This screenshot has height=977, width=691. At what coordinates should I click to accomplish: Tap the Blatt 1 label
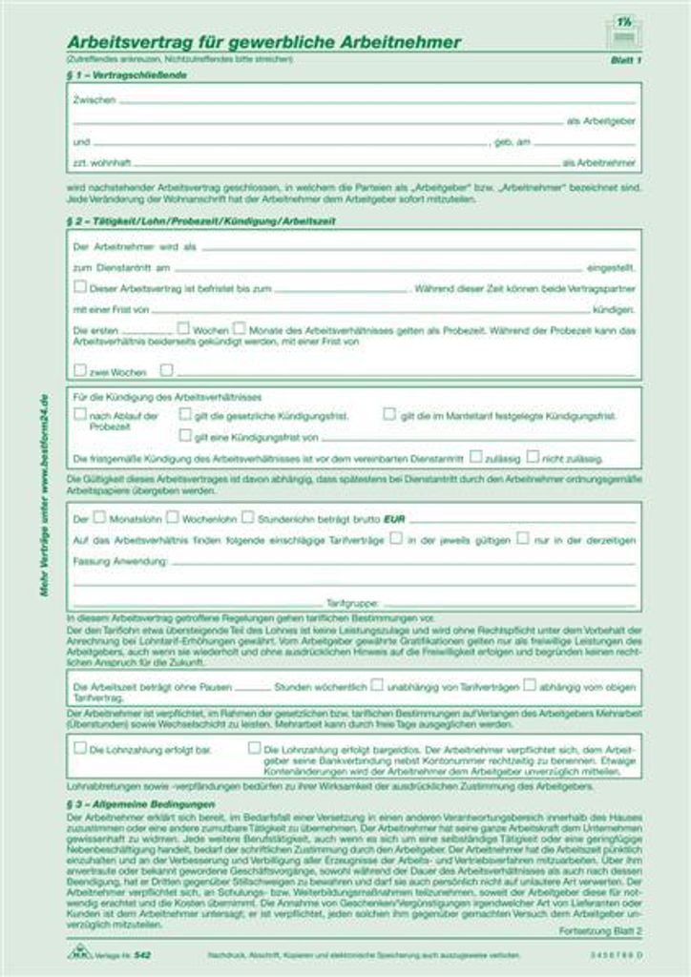pyautogui.click(x=625, y=59)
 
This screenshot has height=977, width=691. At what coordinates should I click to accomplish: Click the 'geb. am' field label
pyautogui.click(x=512, y=142)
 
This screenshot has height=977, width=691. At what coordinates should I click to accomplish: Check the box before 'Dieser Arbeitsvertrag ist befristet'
pyautogui.click(x=80, y=286)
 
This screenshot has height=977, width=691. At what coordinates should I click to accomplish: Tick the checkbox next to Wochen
pyautogui.click(x=182, y=328)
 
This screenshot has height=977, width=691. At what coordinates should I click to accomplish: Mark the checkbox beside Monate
pyautogui.click(x=239, y=328)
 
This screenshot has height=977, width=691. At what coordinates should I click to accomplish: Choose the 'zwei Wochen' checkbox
pyautogui.click(x=80, y=369)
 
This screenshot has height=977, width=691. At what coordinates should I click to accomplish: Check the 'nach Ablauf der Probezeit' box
pyautogui.click(x=80, y=415)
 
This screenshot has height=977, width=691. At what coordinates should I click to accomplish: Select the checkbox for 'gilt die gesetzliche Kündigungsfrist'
pyautogui.click(x=185, y=415)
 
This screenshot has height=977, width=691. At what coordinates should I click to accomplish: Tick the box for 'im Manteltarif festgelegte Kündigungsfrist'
pyautogui.click(x=389, y=415)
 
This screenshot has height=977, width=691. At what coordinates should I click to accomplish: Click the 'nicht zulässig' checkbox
pyautogui.click(x=533, y=457)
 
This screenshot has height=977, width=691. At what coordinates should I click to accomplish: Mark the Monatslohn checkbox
pyautogui.click(x=99, y=517)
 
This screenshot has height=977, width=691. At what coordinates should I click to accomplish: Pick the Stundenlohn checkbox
pyautogui.click(x=247, y=517)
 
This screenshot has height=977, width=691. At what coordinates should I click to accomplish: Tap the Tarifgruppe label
pyautogui.click(x=353, y=603)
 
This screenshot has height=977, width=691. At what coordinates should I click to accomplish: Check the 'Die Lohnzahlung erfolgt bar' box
pyautogui.click(x=80, y=748)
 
